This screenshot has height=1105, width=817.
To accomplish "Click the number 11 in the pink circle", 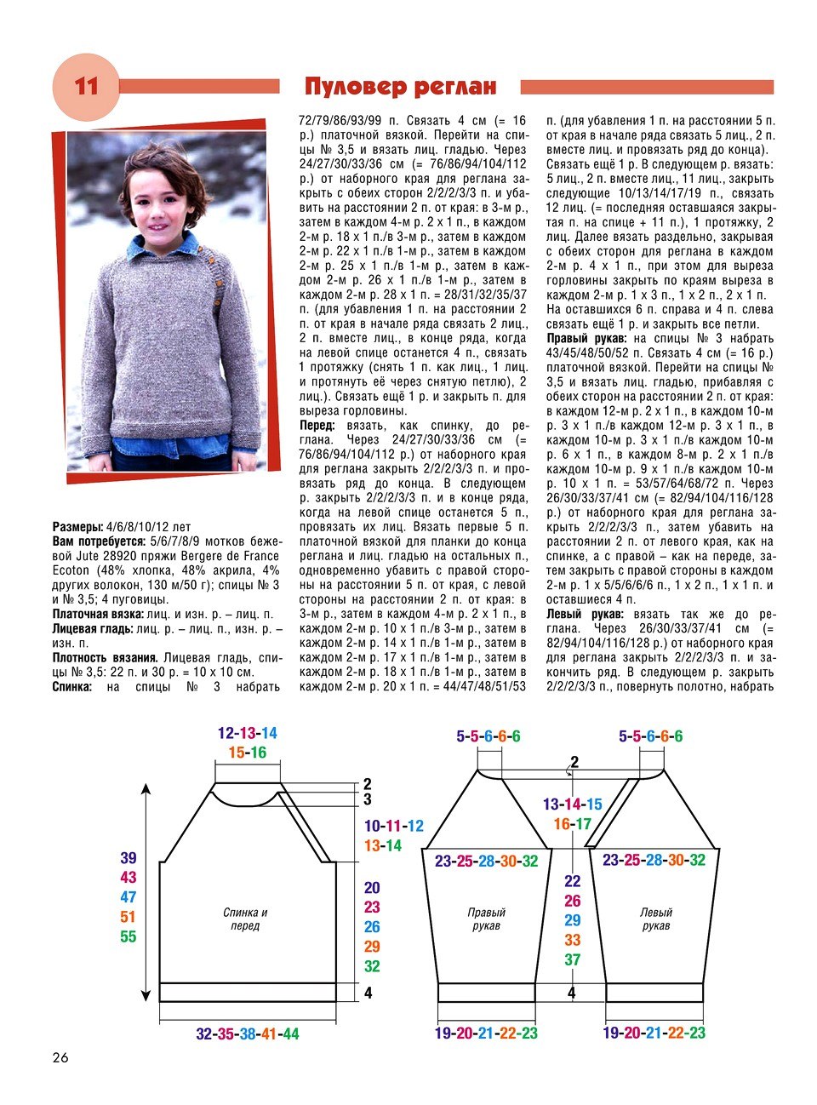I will [86, 87].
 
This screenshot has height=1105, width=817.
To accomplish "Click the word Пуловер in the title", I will [353, 87].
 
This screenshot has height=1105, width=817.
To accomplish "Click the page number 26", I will [60, 1058].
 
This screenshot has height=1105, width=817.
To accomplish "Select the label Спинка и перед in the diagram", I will [245, 919].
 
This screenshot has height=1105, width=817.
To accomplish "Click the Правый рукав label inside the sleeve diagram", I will [486, 919].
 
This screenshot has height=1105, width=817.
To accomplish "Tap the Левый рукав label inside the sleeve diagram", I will [656, 919].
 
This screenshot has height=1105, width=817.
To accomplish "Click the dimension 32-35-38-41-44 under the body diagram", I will [247, 1033].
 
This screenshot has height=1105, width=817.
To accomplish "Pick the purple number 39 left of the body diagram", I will [128, 858].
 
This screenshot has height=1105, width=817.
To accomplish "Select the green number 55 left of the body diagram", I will [128, 936].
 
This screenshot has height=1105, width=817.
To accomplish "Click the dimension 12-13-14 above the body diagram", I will [247, 733].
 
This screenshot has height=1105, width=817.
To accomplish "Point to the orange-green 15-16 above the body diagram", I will [247, 753].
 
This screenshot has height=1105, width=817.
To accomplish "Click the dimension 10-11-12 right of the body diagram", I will [393, 826].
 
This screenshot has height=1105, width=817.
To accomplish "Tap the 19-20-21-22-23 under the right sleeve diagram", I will [485, 1033].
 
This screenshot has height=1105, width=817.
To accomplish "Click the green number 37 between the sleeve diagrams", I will [572, 959].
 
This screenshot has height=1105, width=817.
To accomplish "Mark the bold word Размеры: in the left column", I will [78, 527].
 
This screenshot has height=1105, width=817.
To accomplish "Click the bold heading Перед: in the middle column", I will [317, 425].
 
